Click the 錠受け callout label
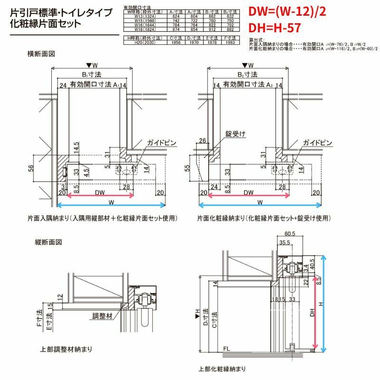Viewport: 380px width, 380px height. [x=236, y=134]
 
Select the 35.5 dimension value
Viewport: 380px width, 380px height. [x=285, y=243]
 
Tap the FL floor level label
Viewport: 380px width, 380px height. [x=227, y=349]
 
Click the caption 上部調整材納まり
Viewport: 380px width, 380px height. [x=66, y=349]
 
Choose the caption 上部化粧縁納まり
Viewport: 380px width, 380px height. [x=222, y=369]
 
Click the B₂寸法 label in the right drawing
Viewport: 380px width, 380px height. [x=247, y=75]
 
